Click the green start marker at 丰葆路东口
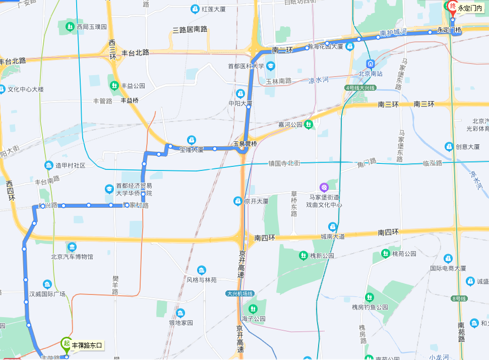click(66, 344)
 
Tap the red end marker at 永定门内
click(452, 7)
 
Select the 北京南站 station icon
click(371, 64)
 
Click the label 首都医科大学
click(246, 66)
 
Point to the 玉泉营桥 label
click(245, 144)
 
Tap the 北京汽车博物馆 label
click(72, 257)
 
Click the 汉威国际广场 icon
click(47, 284)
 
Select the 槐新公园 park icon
click(303, 256)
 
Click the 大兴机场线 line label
click(240, 293)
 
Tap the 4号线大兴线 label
click(360, 88)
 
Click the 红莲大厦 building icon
click(195, 9)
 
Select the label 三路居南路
click(190, 30)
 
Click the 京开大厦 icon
click(237, 201)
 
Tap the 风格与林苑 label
click(202, 280)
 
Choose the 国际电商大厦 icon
click(448, 259)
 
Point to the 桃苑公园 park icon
click(386, 253)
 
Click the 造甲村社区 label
click(70, 165)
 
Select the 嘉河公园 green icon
click(309, 124)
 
